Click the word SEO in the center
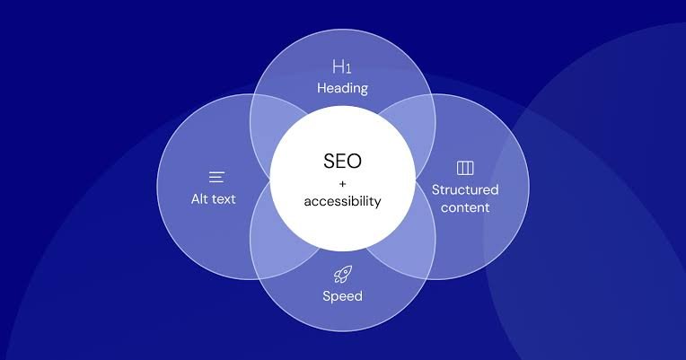coord(343,161)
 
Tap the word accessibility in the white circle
coord(343,201)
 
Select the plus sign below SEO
coord(343,184)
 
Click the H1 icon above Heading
coord(342,66)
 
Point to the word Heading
coord(343,89)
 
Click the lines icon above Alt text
coord(216,177)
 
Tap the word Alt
coord(199,199)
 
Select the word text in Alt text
coord(224,199)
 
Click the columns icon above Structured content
coord(465,168)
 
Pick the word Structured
coord(465,189)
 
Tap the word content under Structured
coord(465,207)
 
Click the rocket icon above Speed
coord(343,275)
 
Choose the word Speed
coord(343,296)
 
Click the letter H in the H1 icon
coord(339,66)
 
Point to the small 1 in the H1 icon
coord(348,68)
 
